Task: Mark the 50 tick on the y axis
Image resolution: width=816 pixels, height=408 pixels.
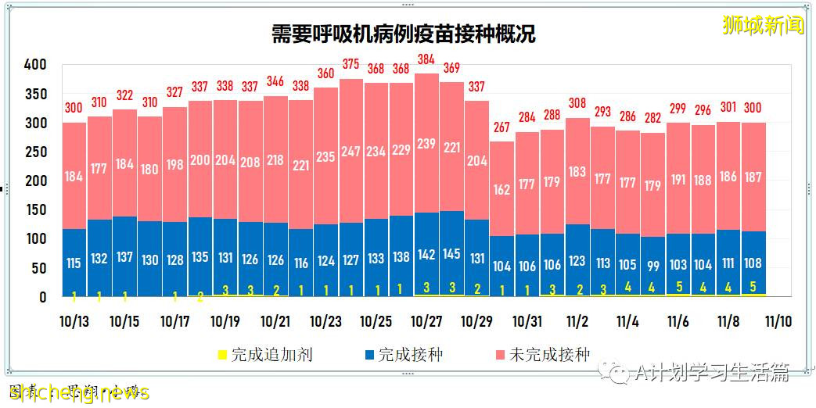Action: coord(38,268)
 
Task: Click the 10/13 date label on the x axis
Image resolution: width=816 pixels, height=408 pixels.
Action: coord(74,321)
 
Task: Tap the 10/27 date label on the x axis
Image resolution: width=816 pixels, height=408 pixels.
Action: coord(426,321)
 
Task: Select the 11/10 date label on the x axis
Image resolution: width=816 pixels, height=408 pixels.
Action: coord(778,321)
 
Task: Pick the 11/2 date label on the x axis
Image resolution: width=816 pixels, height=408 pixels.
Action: coord(577,321)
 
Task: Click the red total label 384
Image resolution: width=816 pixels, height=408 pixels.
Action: coord(426,59)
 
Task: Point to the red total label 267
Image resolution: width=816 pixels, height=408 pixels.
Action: coord(501,127)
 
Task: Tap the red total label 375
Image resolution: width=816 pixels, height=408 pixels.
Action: coord(351,65)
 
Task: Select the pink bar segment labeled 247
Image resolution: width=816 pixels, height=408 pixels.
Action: coord(351,151)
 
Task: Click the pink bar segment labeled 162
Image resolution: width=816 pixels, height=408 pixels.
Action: coord(501,189)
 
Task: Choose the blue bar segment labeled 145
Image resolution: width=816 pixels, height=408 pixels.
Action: coord(451,253)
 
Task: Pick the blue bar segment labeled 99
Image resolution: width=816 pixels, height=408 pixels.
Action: coord(652,267)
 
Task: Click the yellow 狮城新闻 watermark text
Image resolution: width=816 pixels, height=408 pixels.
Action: coord(763,25)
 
